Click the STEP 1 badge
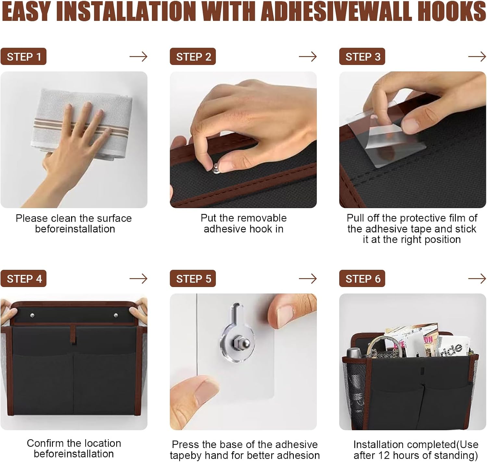(x=23, y=56)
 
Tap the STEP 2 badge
(x=193, y=56)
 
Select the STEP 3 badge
(x=362, y=56)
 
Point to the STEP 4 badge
(x=23, y=279)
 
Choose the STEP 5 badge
(x=193, y=279)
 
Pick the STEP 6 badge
(x=362, y=279)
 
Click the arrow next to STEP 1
(x=139, y=56)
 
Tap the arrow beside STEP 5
(x=308, y=279)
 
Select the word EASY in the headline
(x=27, y=12)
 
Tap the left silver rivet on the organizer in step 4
(x=32, y=315)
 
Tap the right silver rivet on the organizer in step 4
(x=116, y=315)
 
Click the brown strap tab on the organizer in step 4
(x=73, y=334)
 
